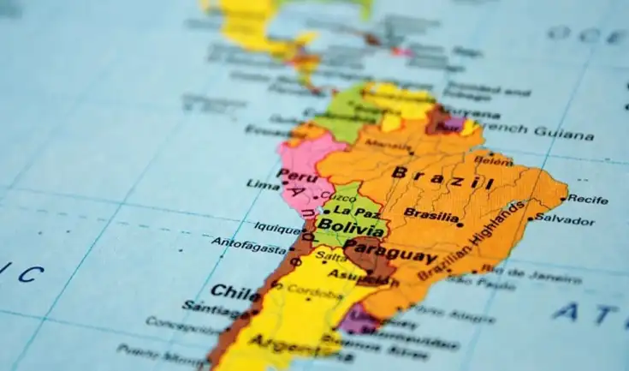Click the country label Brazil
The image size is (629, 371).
click(x=442, y=178)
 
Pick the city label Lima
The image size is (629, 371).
click(x=263, y=184)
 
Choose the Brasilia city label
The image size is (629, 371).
click(x=430, y=213)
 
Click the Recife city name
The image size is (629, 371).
click(x=588, y=199)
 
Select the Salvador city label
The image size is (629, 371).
click(x=564, y=220)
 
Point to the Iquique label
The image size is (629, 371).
click(x=277, y=228)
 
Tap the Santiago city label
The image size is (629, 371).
click(x=206, y=307)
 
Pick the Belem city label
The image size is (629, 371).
click(x=494, y=160)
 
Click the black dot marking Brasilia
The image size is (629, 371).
click(x=460, y=224)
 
